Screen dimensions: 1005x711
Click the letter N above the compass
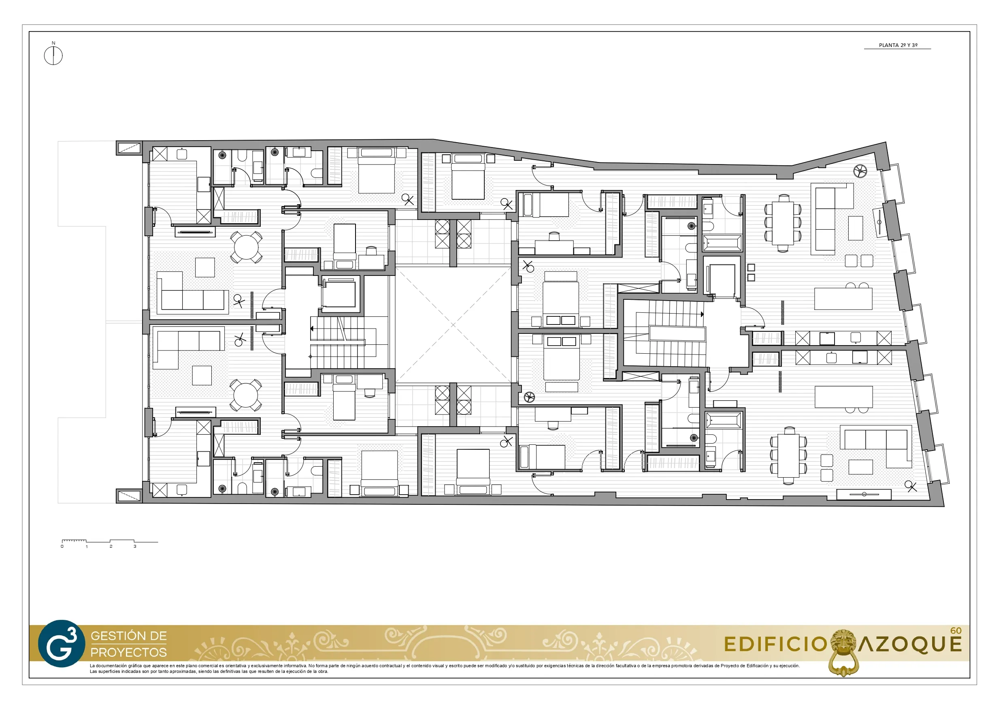(54, 43)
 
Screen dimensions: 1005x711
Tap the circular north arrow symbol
(53, 56)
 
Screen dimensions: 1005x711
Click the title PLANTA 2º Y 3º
(898, 45)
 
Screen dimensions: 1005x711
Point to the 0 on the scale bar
(62, 546)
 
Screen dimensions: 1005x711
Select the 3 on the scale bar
(135, 546)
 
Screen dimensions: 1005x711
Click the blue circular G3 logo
(61, 643)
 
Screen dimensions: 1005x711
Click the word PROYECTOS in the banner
(129, 652)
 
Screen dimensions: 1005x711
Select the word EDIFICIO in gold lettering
(775, 645)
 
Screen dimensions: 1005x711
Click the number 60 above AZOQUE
(956, 631)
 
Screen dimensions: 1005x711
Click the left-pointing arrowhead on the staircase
(312, 329)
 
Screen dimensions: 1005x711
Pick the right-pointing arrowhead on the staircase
(702, 314)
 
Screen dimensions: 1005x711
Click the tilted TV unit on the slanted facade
(880, 222)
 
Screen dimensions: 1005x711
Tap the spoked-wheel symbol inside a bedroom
(530, 397)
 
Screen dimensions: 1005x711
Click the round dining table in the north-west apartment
(247, 248)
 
